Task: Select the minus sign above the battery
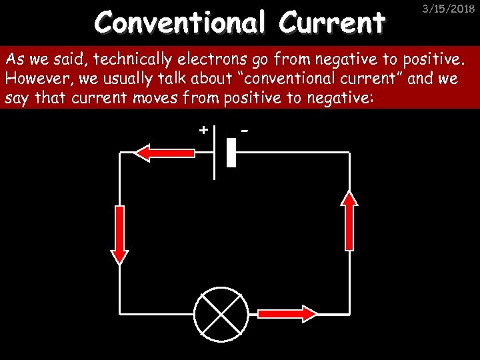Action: tap(245, 129)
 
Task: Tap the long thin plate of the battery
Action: tap(215, 153)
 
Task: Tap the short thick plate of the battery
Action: tap(231, 153)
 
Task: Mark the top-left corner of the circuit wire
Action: tap(120, 153)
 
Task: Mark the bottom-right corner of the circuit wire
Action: tap(350, 313)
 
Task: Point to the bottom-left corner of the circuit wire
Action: tap(120, 313)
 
